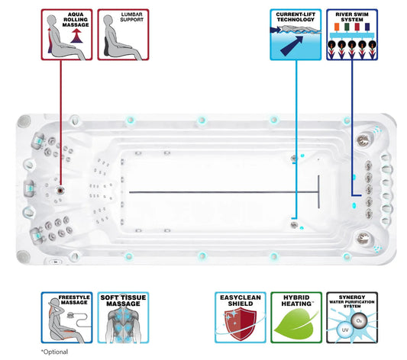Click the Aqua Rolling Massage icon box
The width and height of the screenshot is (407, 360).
pyautogui.click(x=66, y=35)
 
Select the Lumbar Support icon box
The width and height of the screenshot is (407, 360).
pyautogui.click(x=123, y=35)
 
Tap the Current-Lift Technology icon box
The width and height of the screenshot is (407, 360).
pyautogui.click(x=296, y=35)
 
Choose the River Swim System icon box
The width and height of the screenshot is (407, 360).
pyautogui.click(x=352, y=35)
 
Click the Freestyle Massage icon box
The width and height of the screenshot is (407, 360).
pyautogui.click(x=66, y=317)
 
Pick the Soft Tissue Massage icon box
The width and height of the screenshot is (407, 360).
pyautogui.click(x=123, y=317)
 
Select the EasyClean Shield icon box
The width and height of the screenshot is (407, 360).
pyautogui.click(x=241, y=317)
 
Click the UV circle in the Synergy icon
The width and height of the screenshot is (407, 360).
pyautogui.click(x=345, y=330)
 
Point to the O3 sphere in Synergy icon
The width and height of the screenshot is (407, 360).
pyautogui.click(x=359, y=321)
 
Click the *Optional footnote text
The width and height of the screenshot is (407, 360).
pyautogui.click(x=54, y=352)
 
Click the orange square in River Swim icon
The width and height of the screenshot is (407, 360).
pyautogui.click(x=337, y=27)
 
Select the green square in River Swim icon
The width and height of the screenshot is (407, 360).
pyautogui.click(x=347, y=27)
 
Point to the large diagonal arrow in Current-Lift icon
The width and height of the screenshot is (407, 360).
pyautogui.click(x=292, y=46)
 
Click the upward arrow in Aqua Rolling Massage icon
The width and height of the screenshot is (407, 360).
pyautogui.click(x=76, y=36)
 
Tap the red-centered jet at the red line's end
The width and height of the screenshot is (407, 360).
pyautogui.click(x=60, y=191)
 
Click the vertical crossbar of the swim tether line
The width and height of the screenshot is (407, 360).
pyautogui.click(x=318, y=191)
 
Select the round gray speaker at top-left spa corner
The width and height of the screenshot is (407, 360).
pyautogui.click(x=24, y=121)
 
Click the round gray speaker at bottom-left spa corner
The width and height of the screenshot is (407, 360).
pyautogui.click(x=24, y=257)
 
